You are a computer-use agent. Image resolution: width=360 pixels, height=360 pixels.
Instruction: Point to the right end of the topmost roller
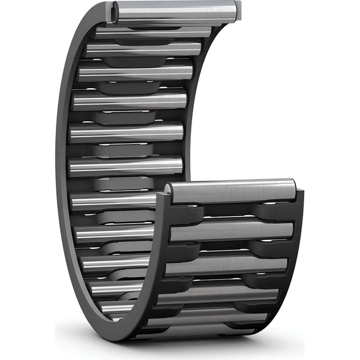(238, 9)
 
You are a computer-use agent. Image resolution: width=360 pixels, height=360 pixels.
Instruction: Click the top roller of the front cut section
(231, 191)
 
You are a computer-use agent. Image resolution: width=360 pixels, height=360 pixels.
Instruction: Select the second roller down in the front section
(231, 230)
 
